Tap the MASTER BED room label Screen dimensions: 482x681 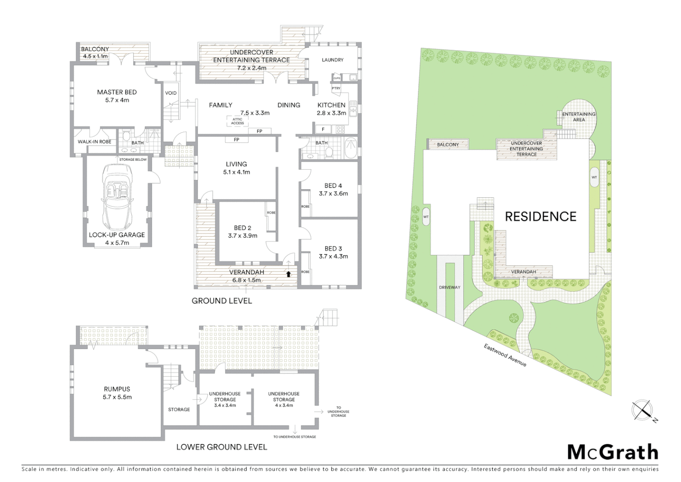point(117,92)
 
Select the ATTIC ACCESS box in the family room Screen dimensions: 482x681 point(238,121)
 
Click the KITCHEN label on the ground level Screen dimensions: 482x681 point(331,105)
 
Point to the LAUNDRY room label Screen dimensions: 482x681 point(332,60)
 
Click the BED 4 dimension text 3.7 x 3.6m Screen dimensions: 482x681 point(333,194)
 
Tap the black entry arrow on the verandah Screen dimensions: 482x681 point(288,274)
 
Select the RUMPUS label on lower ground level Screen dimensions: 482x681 point(117,389)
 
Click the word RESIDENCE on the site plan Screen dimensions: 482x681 point(540,217)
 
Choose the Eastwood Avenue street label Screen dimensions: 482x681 point(505,355)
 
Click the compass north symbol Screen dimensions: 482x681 point(642,410)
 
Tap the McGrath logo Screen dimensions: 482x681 point(613,453)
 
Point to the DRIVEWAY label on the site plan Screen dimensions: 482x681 point(449,287)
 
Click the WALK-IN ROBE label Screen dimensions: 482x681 point(94,142)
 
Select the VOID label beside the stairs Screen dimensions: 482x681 point(171,93)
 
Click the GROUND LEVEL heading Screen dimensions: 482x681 point(222,301)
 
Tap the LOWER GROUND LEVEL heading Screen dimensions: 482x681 point(222,447)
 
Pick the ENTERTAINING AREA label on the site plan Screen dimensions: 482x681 point(578,117)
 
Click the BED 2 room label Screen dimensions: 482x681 point(242,228)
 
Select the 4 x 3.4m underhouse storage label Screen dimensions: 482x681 point(284,405)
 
